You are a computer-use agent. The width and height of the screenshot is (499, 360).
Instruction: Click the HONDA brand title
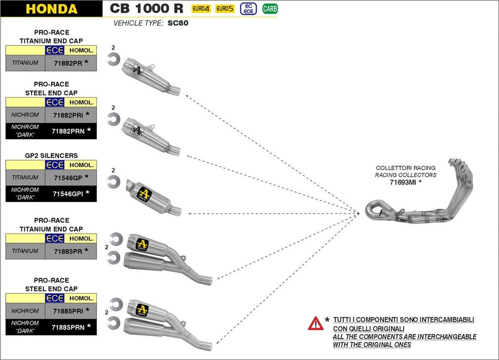[51, 9]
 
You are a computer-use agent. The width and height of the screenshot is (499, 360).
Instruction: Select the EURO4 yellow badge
[201, 9]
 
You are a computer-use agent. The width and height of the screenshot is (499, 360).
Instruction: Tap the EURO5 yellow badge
[225, 9]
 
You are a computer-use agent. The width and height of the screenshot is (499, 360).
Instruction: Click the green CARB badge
[270, 9]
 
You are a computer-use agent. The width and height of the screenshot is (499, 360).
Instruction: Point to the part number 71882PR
[68, 63]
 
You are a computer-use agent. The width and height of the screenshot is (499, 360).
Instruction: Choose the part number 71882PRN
[68, 131]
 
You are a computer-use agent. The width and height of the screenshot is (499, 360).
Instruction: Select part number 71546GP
[68, 178]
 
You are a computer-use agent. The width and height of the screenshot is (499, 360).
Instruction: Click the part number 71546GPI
[68, 193]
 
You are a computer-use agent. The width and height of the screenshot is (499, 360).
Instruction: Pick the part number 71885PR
[68, 251]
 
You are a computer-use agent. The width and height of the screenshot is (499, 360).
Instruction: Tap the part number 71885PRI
[68, 311]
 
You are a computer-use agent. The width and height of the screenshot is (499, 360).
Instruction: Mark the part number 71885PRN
[68, 327]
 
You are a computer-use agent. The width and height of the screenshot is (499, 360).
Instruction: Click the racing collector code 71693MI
[403, 183]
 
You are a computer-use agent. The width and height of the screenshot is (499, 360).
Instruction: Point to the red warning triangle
[315, 323]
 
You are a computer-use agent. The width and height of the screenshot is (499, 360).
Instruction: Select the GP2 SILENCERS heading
[51, 156]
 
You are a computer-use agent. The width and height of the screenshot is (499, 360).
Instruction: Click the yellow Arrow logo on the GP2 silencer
[144, 194]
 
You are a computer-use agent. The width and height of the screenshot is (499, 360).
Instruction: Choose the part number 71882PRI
[68, 115]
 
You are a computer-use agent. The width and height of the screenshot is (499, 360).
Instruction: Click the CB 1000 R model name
[146, 9]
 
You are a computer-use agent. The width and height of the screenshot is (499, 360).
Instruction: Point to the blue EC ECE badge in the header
[249, 9]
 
